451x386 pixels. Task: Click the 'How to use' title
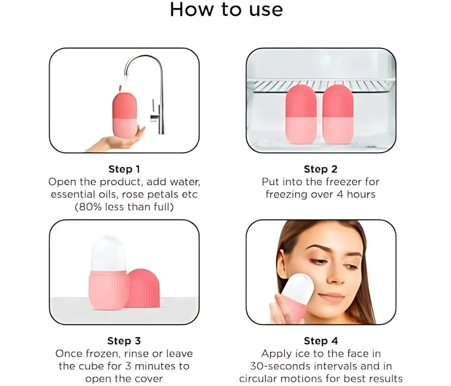coord(226,9)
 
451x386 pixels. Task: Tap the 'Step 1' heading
coord(124,169)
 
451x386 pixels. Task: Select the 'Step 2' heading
coord(321,169)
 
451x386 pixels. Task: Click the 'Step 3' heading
coord(124,341)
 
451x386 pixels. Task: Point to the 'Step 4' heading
coord(321,341)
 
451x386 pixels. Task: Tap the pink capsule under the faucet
coord(124,114)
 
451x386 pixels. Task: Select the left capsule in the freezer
coord(301,114)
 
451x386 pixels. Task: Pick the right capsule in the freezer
coord(338,114)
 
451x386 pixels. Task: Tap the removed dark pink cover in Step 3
coord(143,288)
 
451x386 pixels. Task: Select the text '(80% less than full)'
coord(124,207)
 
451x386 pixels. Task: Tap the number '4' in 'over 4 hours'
coord(340,194)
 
